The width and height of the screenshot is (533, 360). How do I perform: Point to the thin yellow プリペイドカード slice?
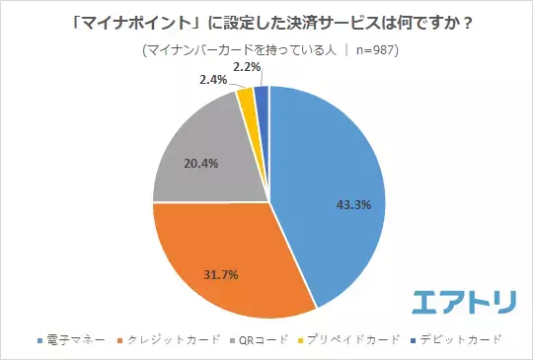pos(246,98)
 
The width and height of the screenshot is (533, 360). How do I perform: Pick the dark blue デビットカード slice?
pos(262,96)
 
